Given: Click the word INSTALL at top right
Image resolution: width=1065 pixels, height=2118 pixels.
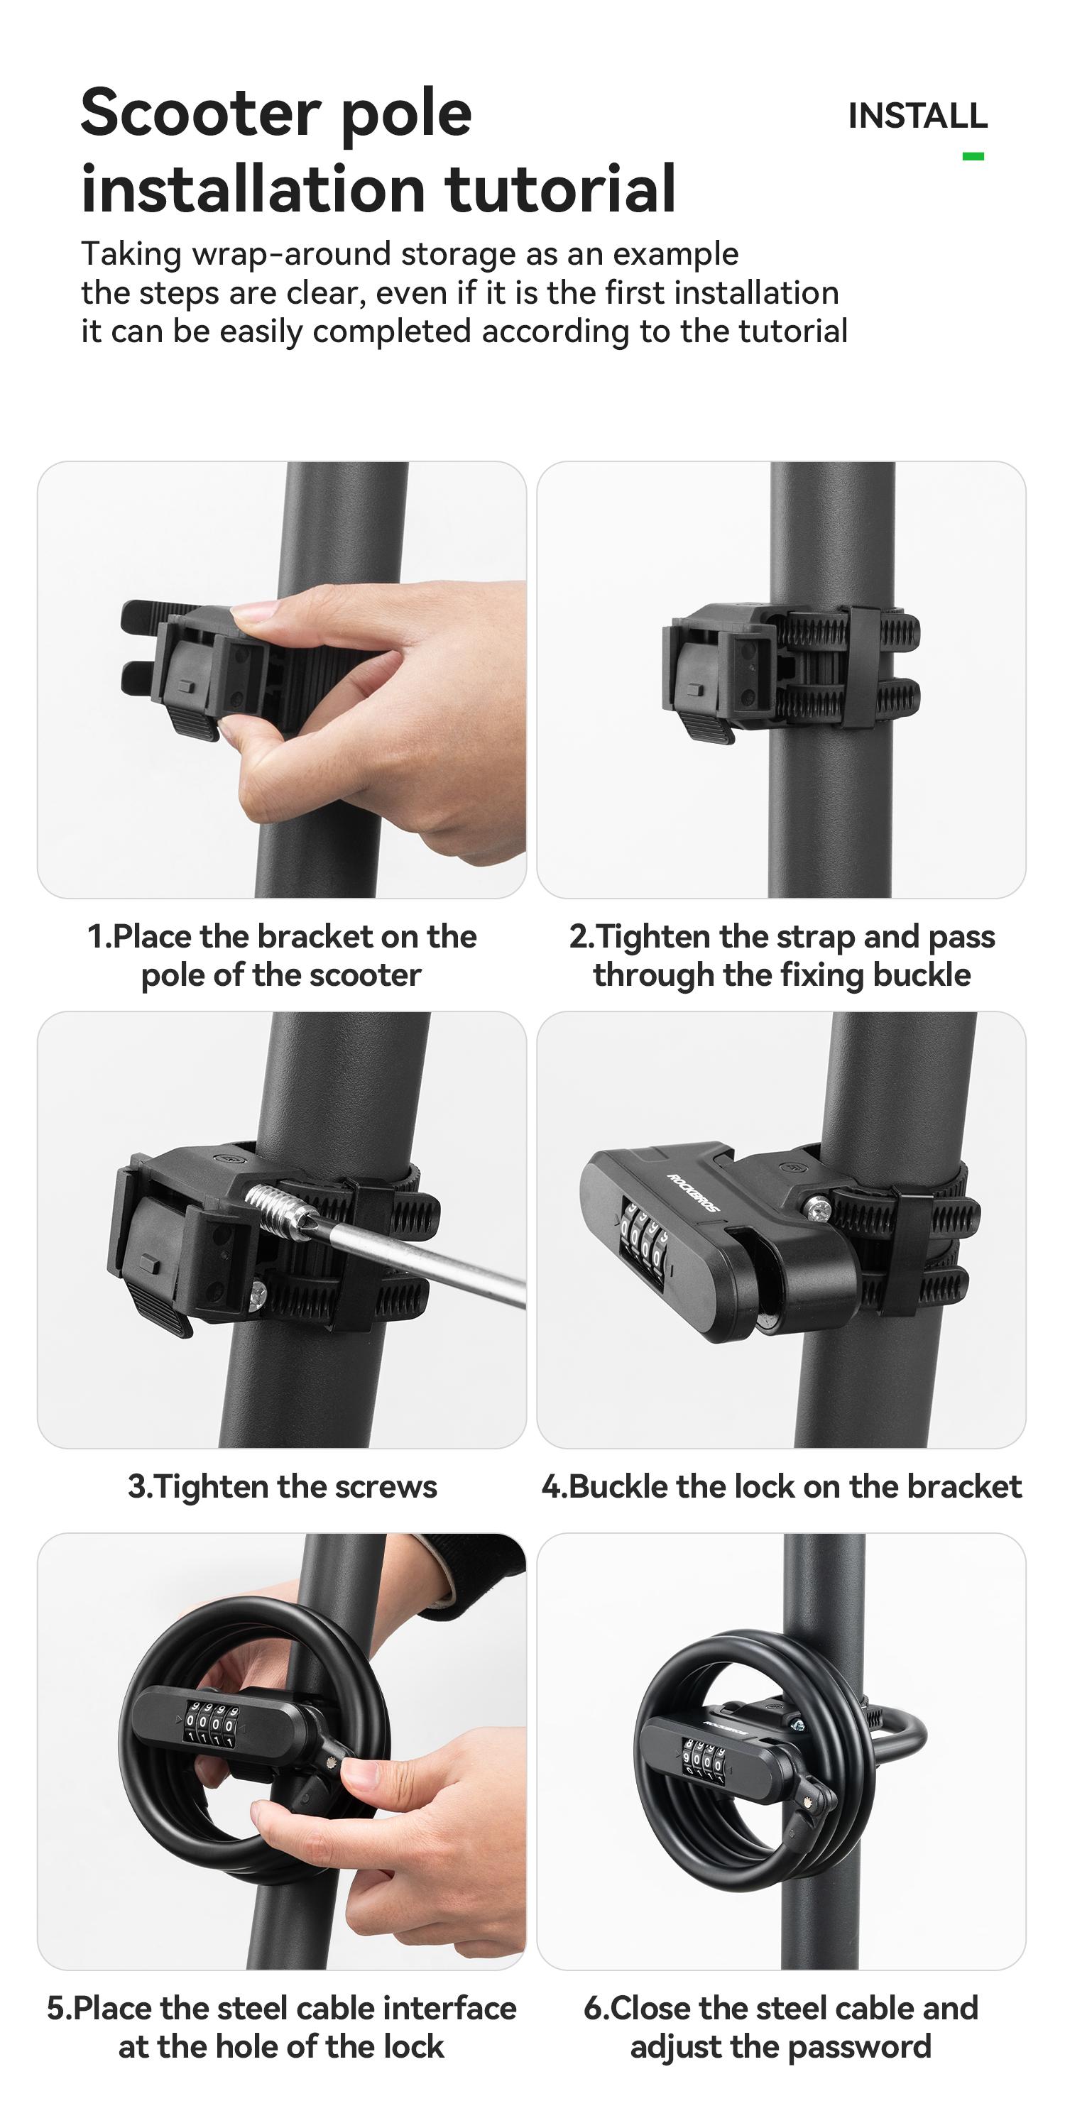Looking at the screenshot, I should click(x=917, y=116).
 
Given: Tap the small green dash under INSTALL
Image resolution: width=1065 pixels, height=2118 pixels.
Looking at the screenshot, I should click(x=973, y=156).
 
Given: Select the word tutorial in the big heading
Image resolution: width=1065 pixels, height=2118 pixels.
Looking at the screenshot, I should click(x=560, y=188).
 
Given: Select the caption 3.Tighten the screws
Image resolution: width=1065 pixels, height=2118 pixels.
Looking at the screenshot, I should click(x=282, y=1486).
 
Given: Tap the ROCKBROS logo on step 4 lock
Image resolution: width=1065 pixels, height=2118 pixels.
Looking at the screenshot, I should click(x=692, y=1193).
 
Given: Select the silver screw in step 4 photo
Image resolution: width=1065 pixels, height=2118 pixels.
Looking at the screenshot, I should click(x=817, y=1208).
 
